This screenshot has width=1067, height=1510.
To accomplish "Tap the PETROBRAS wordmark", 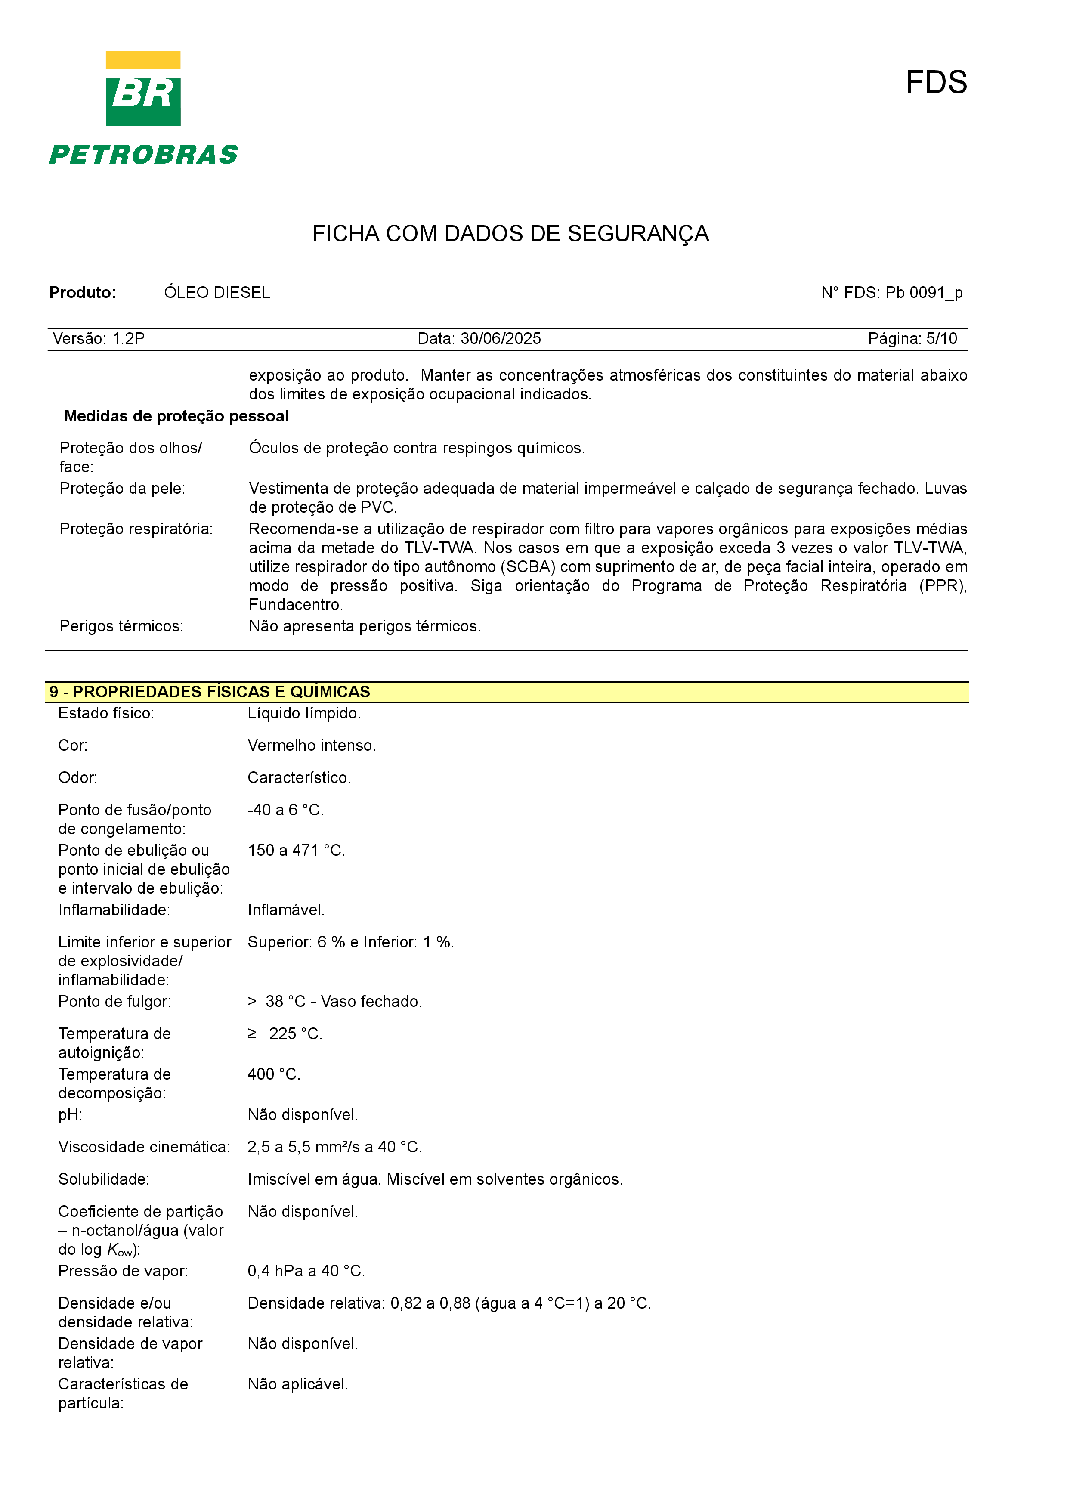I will [x=143, y=155].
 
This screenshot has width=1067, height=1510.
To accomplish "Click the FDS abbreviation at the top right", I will [x=936, y=82].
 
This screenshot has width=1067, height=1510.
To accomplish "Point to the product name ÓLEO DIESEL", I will [x=217, y=293].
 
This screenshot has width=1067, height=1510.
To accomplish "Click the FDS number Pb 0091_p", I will [x=924, y=293].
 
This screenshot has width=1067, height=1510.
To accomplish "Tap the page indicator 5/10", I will [x=941, y=339].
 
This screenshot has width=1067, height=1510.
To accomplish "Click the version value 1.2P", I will [x=128, y=339].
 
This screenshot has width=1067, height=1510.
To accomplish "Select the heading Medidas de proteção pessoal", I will [x=176, y=416].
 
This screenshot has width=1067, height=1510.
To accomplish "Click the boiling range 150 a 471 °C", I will [x=296, y=851].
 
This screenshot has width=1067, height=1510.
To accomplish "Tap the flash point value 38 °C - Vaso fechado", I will [x=343, y=1002].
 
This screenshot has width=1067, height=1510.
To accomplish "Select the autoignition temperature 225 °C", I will [x=295, y=1034].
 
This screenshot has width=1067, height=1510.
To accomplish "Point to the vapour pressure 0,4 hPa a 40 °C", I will [x=306, y=1271].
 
